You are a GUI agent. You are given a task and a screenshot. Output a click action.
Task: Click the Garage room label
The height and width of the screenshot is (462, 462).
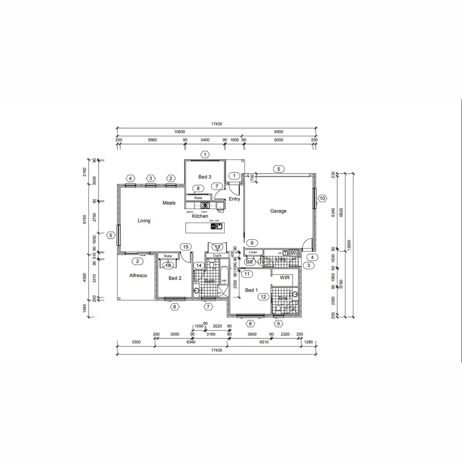pos(278,211)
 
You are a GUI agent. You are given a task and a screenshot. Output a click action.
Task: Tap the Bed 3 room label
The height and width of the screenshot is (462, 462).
pos(204,177)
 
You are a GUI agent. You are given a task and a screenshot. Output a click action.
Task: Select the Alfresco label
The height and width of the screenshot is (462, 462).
pos(138,276)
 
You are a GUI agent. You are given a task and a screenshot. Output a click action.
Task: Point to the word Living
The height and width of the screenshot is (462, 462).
pos(144,221)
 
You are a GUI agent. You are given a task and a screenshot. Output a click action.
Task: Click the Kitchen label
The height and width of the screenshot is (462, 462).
pos(200,216)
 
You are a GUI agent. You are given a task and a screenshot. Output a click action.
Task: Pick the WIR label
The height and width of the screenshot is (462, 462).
pos(285,278)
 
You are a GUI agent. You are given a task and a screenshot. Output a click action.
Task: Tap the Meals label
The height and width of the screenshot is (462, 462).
pos(169,203)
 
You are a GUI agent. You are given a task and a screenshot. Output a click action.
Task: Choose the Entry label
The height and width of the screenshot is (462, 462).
pos(234,199)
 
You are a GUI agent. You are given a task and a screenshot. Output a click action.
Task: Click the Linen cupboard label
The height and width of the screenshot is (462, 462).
pos(253,252)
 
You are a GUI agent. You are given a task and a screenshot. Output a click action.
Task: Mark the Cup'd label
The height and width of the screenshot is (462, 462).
pos(217,255)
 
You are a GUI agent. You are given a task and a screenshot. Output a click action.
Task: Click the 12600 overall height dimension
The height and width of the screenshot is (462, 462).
pos(349,244)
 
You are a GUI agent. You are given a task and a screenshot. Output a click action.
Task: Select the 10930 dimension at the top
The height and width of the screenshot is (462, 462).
pos(179,132)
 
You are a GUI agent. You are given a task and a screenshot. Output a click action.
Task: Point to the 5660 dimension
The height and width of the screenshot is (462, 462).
pos(152,140)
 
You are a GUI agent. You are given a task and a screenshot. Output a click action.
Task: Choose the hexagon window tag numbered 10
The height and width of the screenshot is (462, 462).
pos(322,199)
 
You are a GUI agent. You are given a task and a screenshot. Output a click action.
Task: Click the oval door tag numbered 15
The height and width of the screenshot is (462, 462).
pos(186,247)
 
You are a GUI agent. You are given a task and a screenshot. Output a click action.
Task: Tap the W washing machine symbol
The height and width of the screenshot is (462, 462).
pos(293,253)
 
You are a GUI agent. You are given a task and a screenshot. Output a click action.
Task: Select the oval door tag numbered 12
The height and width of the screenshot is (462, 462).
pos(263,297)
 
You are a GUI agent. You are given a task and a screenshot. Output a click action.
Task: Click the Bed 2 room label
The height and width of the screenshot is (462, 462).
pos(175,278)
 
